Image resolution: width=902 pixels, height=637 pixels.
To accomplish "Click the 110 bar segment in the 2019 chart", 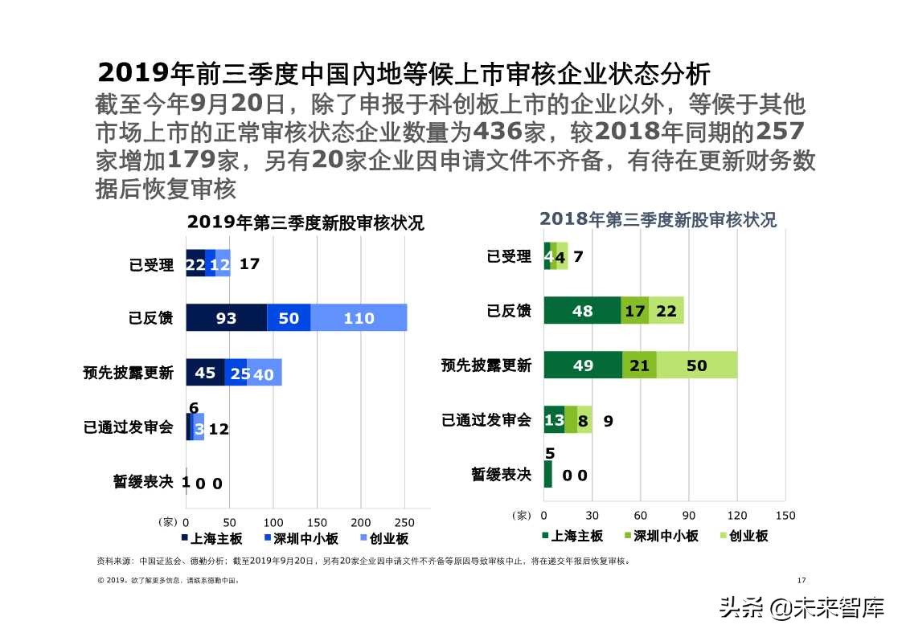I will [x=359, y=318].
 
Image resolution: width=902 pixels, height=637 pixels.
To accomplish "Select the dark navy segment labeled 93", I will [x=226, y=318].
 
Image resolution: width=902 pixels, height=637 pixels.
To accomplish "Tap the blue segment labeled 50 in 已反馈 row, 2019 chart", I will [x=289, y=318].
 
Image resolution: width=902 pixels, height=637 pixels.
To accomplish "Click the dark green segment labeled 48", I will [x=582, y=311].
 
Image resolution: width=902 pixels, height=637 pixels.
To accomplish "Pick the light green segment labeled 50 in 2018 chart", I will [x=696, y=365].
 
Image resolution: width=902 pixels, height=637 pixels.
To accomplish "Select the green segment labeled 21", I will [x=639, y=365].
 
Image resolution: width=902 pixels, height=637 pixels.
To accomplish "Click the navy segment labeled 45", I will [x=205, y=373].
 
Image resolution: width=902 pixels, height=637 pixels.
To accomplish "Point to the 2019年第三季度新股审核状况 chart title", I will [x=305, y=223].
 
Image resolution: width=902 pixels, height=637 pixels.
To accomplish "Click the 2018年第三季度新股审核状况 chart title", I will [x=658, y=220].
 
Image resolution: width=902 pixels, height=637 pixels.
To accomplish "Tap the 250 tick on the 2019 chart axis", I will [x=404, y=522].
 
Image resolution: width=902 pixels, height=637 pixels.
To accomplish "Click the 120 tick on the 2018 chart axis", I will [x=737, y=516].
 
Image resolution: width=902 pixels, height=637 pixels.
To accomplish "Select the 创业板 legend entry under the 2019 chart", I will [x=385, y=539].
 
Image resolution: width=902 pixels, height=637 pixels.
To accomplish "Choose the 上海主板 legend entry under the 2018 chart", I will [x=572, y=536].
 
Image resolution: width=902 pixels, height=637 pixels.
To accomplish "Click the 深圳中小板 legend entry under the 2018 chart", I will [x=660, y=536].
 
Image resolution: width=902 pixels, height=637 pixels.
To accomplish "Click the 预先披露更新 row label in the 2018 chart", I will [x=486, y=365].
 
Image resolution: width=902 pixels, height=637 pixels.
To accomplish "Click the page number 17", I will [x=801, y=581].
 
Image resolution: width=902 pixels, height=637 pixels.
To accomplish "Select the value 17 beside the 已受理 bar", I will [x=249, y=263].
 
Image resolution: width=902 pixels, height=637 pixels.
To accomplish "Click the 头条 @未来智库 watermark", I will [x=802, y=607].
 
